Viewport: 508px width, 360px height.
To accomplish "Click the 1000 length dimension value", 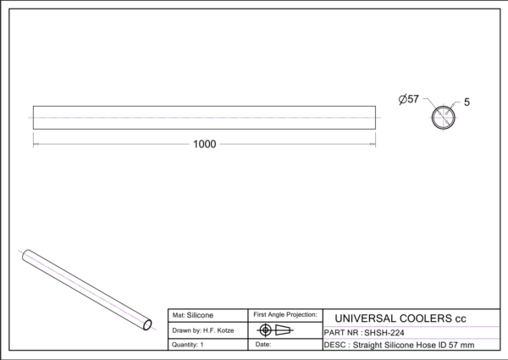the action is [x=204, y=144].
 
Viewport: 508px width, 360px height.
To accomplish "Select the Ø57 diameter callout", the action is [x=409, y=99].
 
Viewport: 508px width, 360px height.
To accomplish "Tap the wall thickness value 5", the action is [x=467, y=102].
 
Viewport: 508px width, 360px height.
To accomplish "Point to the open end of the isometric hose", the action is [x=147, y=324].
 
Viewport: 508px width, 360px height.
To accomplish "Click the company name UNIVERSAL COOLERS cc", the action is [x=400, y=318].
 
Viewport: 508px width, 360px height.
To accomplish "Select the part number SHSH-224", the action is [x=384, y=333].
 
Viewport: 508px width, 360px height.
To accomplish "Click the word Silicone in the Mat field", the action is [x=200, y=315].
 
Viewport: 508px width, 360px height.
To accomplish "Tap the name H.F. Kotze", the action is [x=218, y=331].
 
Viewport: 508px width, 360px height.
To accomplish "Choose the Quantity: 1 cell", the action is [x=188, y=345].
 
